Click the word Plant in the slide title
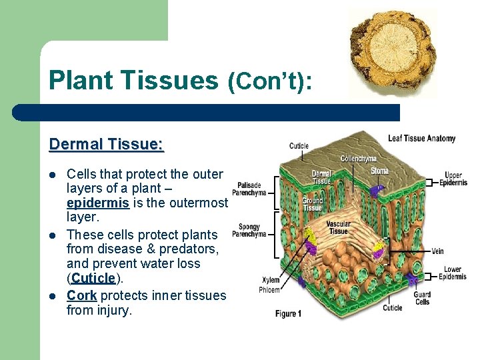pyautogui.click(x=79, y=81)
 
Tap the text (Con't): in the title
pyautogui.click(x=269, y=81)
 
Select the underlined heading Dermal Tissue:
pyautogui.click(x=107, y=144)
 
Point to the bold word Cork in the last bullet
pyautogui.click(x=81, y=295)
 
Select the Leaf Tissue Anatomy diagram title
pyautogui.click(x=421, y=139)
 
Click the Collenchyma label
pyautogui.click(x=358, y=159)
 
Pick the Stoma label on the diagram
pyautogui.click(x=379, y=171)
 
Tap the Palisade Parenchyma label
pyautogui.click(x=249, y=189)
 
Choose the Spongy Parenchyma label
pyautogui.click(x=249, y=231)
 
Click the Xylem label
pyautogui.click(x=271, y=281)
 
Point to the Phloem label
pyautogui.click(x=270, y=290)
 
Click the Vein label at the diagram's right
pyautogui.click(x=437, y=251)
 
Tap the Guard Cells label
pyautogui.click(x=421, y=298)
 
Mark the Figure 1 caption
pyautogui.click(x=288, y=314)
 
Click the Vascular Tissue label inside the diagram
pyautogui.click(x=338, y=227)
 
